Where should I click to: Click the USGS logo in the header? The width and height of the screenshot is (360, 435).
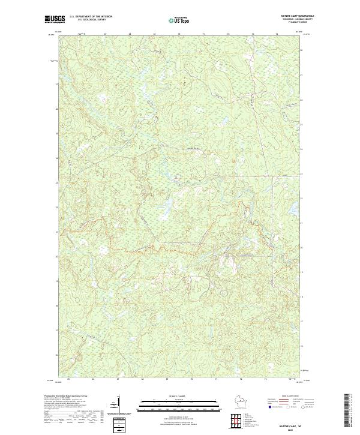(55, 19)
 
